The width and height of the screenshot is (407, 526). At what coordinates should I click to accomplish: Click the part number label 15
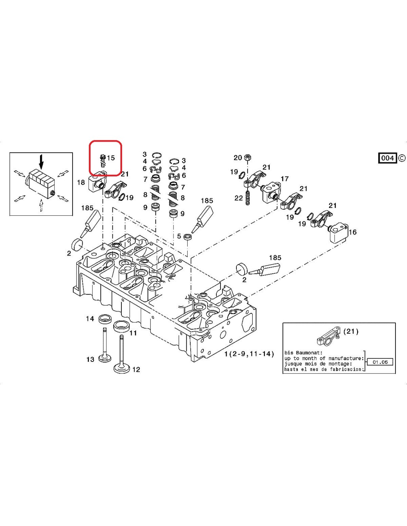coord(111,158)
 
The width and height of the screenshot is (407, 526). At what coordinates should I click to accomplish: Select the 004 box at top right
coord(387,158)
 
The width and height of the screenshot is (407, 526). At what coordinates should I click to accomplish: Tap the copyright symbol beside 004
coord(402,158)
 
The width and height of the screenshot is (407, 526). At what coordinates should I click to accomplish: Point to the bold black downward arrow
coord(41,162)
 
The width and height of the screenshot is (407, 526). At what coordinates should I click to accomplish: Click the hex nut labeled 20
coord(248,158)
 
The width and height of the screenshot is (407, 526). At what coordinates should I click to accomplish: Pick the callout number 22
coord(239,198)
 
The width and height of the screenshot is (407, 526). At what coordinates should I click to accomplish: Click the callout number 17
coord(285,179)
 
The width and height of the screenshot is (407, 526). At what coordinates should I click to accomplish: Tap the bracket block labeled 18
coord(95,183)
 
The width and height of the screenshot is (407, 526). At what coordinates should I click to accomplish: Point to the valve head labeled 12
coord(122,367)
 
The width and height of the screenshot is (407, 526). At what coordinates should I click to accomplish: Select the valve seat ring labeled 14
coord(106,318)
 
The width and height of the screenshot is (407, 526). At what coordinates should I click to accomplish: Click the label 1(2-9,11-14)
coord(249,354)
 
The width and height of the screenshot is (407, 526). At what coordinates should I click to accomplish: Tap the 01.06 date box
coord(380,362)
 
